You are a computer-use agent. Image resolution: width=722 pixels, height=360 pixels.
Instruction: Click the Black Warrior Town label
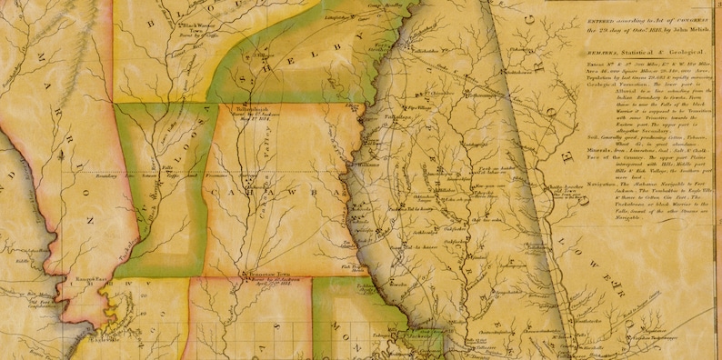click(199, 52)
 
